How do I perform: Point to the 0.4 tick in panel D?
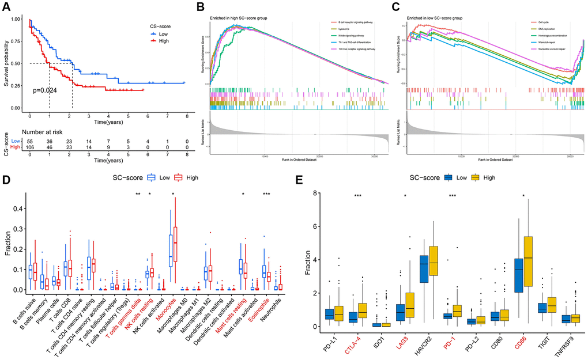click(18, 209)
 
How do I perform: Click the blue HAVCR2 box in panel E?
click(424, 268)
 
